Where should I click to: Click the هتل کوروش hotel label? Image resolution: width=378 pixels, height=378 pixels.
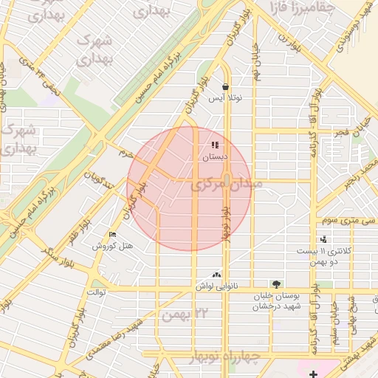[112, 245]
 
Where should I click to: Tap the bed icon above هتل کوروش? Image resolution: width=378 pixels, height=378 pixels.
[112, 234]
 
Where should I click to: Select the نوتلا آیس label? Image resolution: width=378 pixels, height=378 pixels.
[224, 97]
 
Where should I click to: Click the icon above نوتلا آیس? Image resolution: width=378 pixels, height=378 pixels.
[224, 86]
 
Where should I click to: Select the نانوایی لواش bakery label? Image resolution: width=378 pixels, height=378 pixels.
[216, 285]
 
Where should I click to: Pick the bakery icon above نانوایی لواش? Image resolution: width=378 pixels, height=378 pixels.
[216, 274]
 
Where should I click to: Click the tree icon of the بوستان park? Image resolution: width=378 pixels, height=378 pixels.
[276, 283]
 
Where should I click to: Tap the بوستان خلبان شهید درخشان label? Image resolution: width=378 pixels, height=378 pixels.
[275, 301]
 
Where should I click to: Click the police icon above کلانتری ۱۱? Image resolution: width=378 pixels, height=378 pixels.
[323, 239]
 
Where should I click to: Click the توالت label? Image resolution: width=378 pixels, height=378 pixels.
[97, 292]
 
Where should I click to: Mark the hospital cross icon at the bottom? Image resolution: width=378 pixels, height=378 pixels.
[315, 374]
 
